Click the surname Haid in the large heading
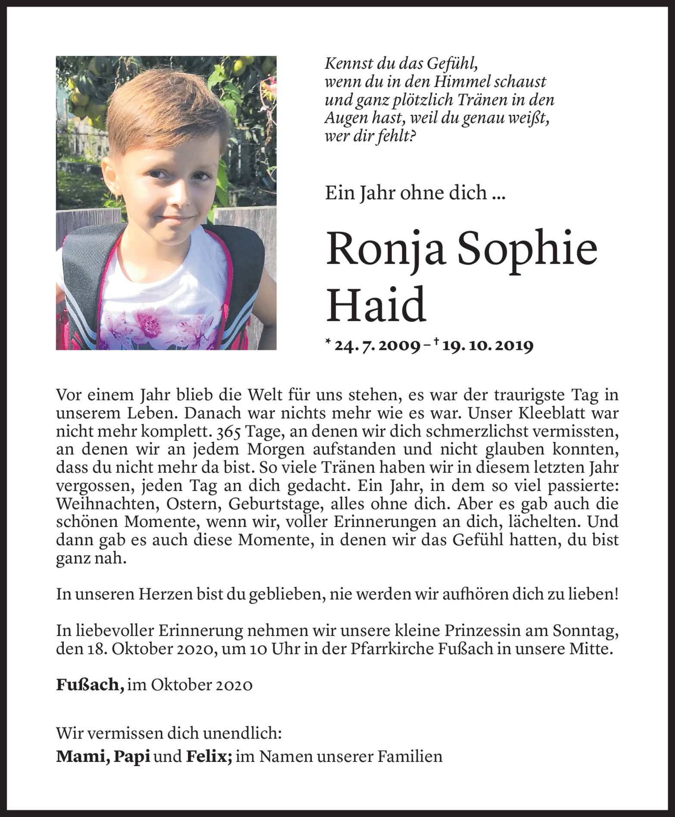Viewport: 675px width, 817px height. click(x=376, y=305)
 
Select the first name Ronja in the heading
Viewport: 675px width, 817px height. click(x=385, y=250)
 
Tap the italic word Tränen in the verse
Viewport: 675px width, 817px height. click(x=482, y=100)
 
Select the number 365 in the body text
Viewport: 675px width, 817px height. click(x=231, y=431)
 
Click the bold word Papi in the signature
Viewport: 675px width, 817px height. click(x=131, y=756)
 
